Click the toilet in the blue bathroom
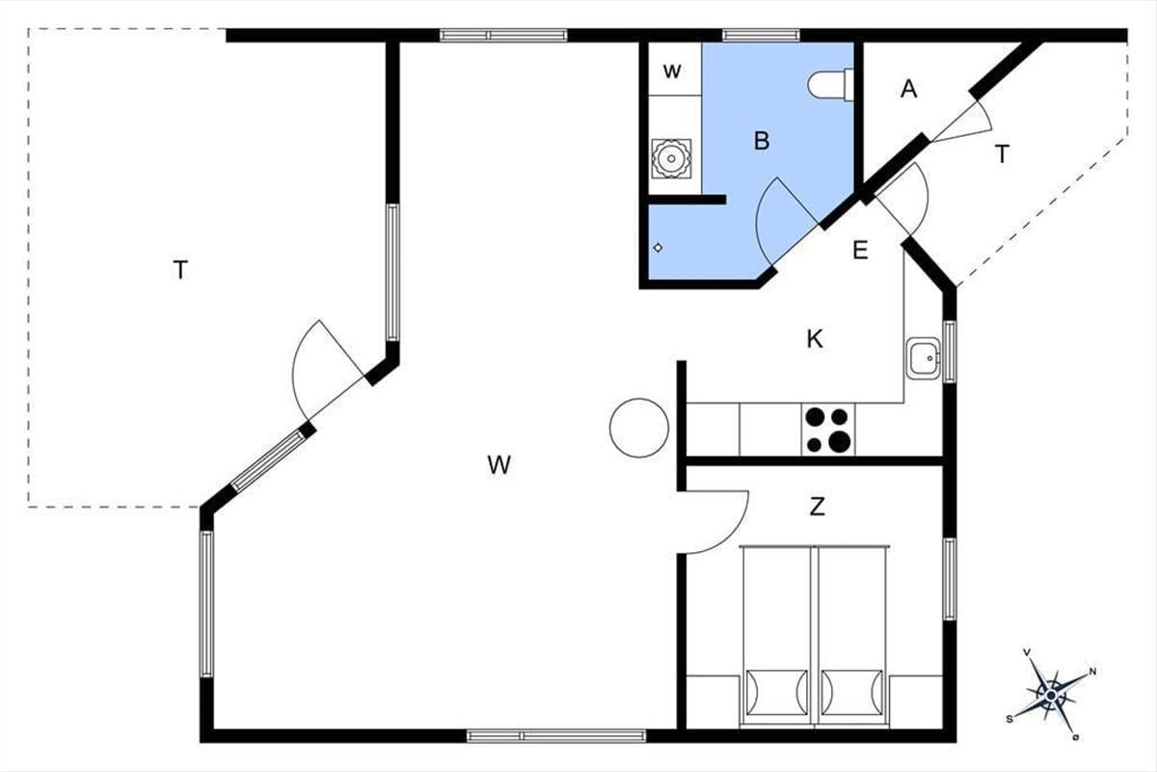click(830, 84)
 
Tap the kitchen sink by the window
click(923, 358)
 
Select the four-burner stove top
click(828, 429)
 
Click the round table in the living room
click(639, 428)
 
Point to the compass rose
click(1052, 694)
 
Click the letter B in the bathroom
click(762, 141)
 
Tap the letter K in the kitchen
click(815, 340)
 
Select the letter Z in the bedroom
click(817, 507)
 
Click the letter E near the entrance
click(860, 250)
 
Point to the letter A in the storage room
click(908, 89)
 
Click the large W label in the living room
click(499, 465)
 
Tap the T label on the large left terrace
click(180, 270)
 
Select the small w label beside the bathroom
click(671, 70)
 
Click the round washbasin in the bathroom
click(671, 159)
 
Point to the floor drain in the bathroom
click(658, 248)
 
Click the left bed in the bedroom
click(777, 636)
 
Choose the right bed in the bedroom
click(851, 636)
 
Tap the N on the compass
click(1092, 672)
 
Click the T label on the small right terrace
click(1002, 154)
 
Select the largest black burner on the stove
click(840, 442)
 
